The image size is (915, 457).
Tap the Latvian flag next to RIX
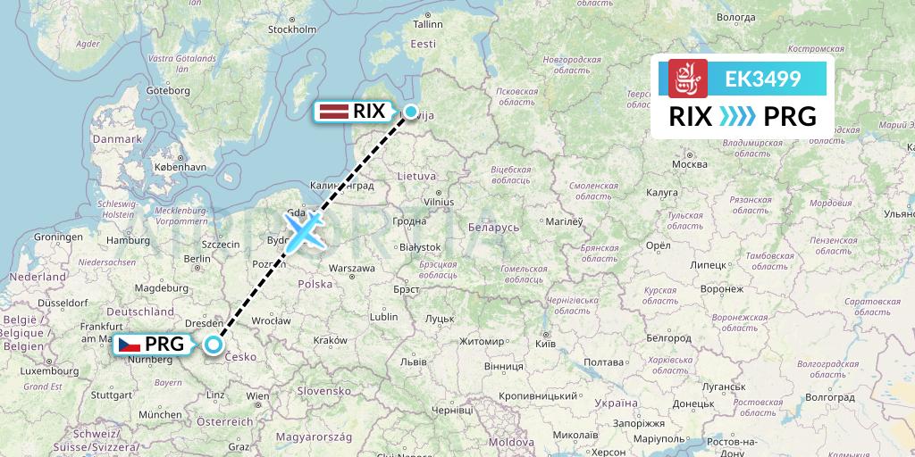pyautogui.click(x=334, y=112)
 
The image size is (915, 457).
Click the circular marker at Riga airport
pyautogui.click(x=411, y=112)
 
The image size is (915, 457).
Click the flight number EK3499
pyautogui.click(x=762, y=79)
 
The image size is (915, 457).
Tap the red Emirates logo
pyautogui.click(x=688, y=79)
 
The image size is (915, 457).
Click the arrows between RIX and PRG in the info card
pyautogui.click(x=735, y=116)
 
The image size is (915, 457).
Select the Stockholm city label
pyautogui.click(x=292, y=29)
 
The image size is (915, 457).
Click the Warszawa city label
pyautogui.click(x=351, y=268)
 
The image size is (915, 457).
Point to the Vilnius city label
pyautogui.click(x=440, y=203)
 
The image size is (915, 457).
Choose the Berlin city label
pyautogui.click(x=196, y=258)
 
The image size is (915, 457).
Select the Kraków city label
pyautogui.click(x=330, y=340)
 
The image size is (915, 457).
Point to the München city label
pyautogui.click(x=160, y=414)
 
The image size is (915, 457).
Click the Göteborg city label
pyautogui.click(x=168, y=90)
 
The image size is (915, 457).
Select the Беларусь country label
pyautogui.click(x=493, y=228)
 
